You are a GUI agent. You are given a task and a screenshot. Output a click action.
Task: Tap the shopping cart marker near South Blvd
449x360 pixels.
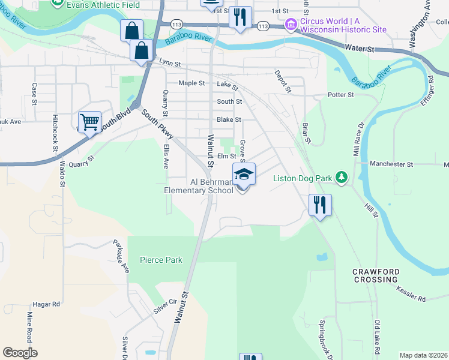pyautogui.click(x=89, y=122)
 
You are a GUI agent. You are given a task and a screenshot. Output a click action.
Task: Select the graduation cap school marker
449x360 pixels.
pyautogui.click(x=244, y=175)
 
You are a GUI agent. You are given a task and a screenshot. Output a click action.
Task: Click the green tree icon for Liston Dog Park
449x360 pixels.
pyautogui.click(x=341, y=177)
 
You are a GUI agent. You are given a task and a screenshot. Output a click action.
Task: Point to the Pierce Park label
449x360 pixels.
pyautogui.click(x=161, y=260)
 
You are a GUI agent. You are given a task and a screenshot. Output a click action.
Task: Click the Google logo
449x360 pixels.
pyautogui.click(x=20, y=353)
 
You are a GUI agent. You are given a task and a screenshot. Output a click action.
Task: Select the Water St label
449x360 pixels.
pyautogui.click(x=360, y=47)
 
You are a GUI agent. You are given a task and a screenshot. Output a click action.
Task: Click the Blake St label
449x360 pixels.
pyautogui.click(x=229, y=120)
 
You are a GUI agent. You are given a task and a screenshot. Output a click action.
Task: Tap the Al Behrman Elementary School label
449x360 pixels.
pyautogui.click(x=203, y=186)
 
